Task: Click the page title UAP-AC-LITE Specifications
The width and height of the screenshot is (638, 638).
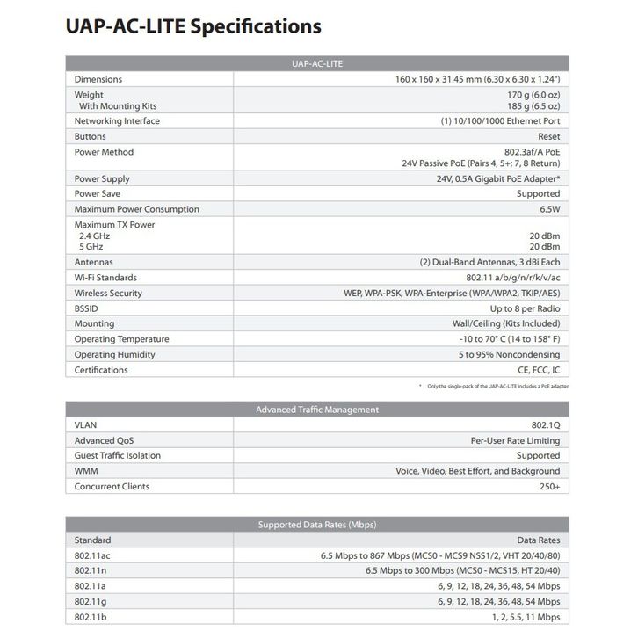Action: tap(193, 26)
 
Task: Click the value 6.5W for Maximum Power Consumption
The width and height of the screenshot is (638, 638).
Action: tap(547, 209)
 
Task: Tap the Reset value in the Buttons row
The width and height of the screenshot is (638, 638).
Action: tap(548, 137)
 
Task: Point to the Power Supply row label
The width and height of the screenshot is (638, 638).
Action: tap(102, 179)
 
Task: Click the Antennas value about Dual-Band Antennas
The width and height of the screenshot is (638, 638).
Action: tap(489, 262)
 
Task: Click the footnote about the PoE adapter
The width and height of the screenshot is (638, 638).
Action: tap(493, 387)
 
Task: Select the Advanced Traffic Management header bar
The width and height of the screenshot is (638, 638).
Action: tap(317, 410)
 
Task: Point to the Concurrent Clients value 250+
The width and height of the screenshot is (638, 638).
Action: tap(547, 486)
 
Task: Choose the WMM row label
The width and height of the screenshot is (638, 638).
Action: tap(86, 471)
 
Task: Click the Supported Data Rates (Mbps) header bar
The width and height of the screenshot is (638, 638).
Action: tap(317, 525)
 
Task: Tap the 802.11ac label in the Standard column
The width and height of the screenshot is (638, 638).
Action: tap(92, 555)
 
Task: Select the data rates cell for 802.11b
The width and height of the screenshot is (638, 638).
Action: tap(523, 617)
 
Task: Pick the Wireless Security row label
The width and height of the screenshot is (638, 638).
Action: tap(108, 293)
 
